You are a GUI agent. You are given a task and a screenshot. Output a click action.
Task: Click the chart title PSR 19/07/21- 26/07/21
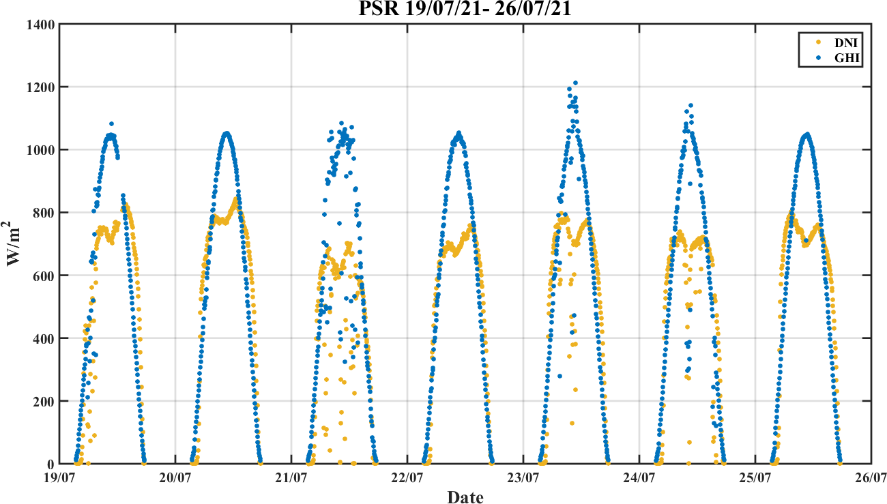click(465, 10)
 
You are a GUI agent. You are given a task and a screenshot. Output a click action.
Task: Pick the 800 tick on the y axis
click(42, 213)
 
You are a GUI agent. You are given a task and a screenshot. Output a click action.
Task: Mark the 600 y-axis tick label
click(42, 276)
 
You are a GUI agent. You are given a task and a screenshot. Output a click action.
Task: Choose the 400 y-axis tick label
click(42, 338)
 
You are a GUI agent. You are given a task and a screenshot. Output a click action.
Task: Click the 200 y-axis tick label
click(42, 401)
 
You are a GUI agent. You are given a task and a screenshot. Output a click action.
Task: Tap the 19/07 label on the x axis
click(59, 479)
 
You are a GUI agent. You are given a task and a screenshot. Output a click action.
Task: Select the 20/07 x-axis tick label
click(175, 479)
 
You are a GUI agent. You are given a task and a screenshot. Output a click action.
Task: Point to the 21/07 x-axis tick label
click(291, 479)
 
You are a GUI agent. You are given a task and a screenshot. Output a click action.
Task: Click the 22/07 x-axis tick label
click(407, 479)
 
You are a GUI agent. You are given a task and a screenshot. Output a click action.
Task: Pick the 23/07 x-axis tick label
click(523, 479)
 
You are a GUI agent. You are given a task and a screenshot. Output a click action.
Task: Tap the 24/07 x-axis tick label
click(639, 479)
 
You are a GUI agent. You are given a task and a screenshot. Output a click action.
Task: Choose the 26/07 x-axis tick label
click(871, 479)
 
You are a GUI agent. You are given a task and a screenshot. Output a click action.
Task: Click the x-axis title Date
click(465, 497)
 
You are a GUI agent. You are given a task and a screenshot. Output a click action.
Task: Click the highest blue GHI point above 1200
click(575, 83)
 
